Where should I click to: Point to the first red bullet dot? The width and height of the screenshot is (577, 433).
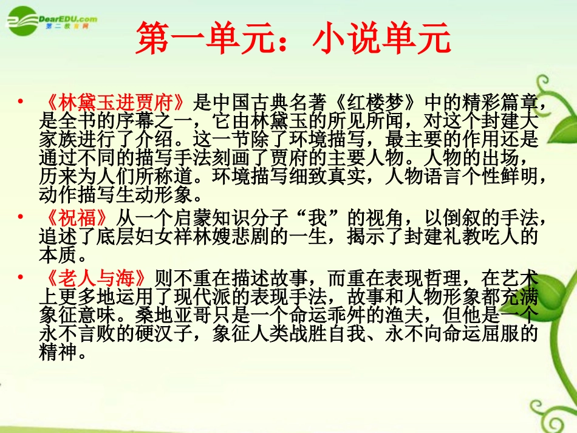22,101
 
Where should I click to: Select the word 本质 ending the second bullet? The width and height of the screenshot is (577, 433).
57,256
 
